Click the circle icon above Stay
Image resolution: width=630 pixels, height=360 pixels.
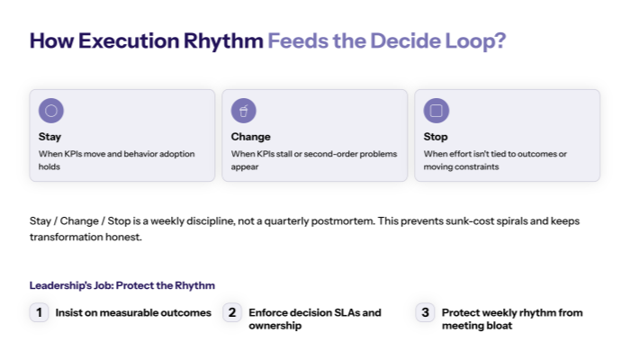(51, 111)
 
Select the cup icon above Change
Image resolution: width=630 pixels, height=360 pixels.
(244, 111)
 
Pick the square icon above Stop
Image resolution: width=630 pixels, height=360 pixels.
(436, 111)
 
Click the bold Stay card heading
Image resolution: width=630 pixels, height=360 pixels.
(50, 138)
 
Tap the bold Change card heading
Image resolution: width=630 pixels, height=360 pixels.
(251, 138)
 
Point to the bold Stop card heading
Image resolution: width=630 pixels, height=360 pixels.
(436, 138)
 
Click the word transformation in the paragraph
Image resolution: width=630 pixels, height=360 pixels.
(68, 238)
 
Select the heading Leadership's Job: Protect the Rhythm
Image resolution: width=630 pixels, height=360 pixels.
(122, 285)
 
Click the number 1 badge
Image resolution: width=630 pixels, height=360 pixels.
(39, 313)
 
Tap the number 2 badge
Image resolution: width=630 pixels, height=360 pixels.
(232, 313)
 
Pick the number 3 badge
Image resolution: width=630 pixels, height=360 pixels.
(425, 313)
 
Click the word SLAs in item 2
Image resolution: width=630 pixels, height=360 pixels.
(342, 313)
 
